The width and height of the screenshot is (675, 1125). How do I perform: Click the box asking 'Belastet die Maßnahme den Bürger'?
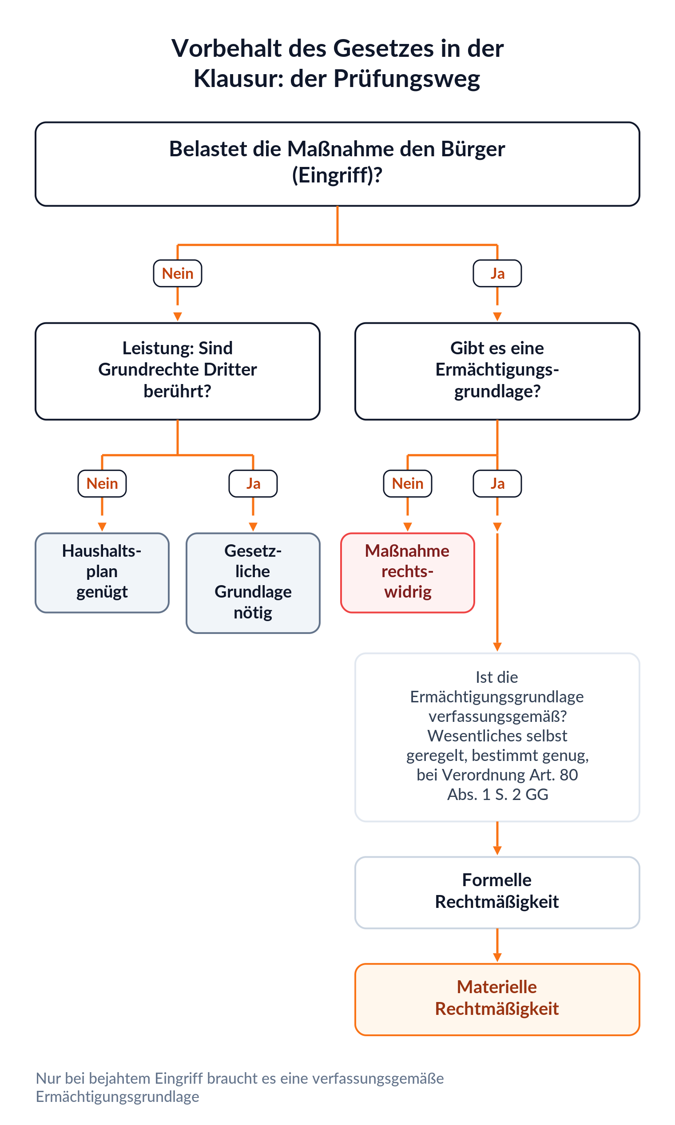coord(337,164)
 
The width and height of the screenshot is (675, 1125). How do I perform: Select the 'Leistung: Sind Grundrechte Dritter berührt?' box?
coord(177,371)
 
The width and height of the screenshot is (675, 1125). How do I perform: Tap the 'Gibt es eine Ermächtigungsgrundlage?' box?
coord(497,371)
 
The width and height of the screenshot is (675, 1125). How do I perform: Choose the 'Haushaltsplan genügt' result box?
coord(102,573)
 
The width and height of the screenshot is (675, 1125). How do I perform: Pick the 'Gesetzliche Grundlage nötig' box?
coord(253,583)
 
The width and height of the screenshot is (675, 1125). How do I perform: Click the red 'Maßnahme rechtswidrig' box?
coord(408,573)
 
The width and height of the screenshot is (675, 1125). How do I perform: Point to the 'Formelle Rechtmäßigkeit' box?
coord(497,892)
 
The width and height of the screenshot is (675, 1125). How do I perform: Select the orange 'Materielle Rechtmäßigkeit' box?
coord(497,999)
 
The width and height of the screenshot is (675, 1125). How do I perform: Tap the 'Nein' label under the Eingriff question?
coord(177,273)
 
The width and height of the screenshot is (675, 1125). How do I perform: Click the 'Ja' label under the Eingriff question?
coord(497,273)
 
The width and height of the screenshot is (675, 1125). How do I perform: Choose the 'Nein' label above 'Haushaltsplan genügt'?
coord(102,483)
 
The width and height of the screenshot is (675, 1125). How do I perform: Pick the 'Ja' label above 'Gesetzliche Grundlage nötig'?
coord(253,483)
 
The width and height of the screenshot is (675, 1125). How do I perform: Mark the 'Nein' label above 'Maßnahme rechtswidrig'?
coord(408,483)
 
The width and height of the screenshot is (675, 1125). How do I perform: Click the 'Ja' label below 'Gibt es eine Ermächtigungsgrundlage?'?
coord(497,483)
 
